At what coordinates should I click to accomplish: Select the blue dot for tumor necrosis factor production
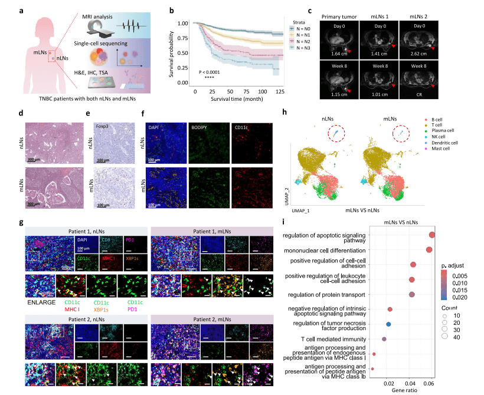tap(388, 324)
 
